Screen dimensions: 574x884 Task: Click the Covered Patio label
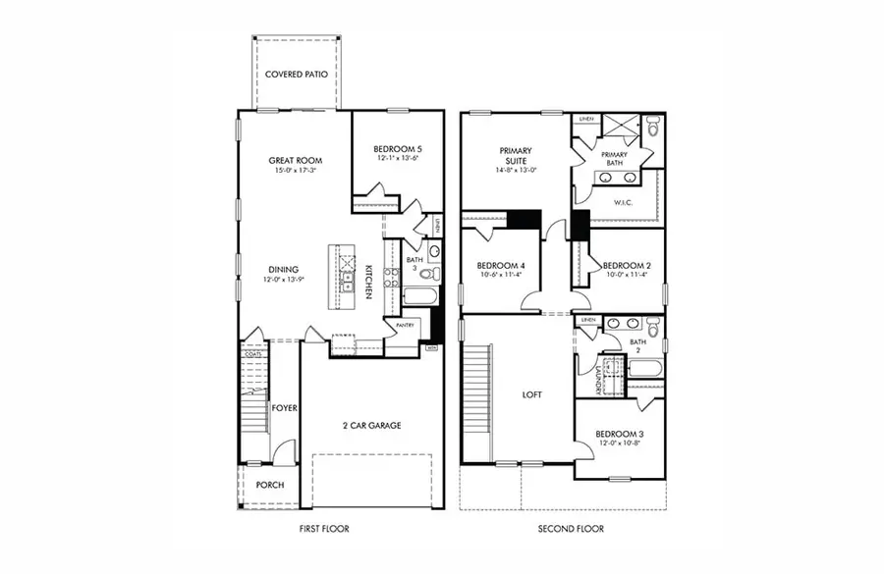click(296, 74)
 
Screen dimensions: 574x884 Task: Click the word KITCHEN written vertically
click(368, 282)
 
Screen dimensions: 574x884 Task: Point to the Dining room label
click(285, 269)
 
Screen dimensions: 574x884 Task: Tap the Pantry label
click(405, 325)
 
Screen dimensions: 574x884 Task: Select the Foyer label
click(285, 407)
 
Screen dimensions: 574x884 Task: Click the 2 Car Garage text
click(371, 425)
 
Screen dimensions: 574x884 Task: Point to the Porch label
click(270, 485)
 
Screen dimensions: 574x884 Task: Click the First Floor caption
click(324, 529)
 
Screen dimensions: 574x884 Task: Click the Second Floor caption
click(571, 529)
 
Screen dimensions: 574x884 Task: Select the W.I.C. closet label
click(622, 203)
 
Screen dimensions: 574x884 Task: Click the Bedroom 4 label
click(501, 266)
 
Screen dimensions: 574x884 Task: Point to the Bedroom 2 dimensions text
click(625, 276)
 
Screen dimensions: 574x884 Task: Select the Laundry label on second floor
click(598, 374)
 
